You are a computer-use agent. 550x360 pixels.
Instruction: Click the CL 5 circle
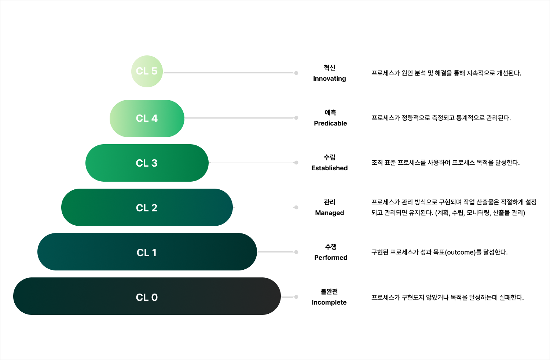(147, 71)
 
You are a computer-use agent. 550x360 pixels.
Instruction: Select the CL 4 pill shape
(147, 119)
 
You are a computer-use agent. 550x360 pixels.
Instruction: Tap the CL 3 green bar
(147, 163)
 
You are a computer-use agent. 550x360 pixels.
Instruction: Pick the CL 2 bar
(147, 208)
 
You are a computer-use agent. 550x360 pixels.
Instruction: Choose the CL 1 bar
(147, 252)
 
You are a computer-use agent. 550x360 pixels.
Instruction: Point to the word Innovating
(329, 79)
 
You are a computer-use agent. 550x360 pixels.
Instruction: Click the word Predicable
(330, 123)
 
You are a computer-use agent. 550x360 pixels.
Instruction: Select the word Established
(329, 168)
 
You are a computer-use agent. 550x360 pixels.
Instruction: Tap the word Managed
(329, 213)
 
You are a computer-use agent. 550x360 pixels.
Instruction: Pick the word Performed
(330, 258)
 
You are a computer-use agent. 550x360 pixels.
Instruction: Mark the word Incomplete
(329, 302)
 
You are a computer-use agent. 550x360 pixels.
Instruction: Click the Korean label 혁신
(329, 68)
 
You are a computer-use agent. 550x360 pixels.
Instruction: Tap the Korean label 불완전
(329, 292)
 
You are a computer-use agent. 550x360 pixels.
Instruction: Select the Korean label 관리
(329, 202)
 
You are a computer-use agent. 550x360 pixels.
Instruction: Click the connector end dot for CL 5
(296, 73)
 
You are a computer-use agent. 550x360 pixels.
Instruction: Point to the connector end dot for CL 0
(296, 297)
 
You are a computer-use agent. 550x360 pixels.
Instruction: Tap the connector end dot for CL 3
(296, 163)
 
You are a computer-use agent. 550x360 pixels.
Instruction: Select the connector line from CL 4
(238, 118)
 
